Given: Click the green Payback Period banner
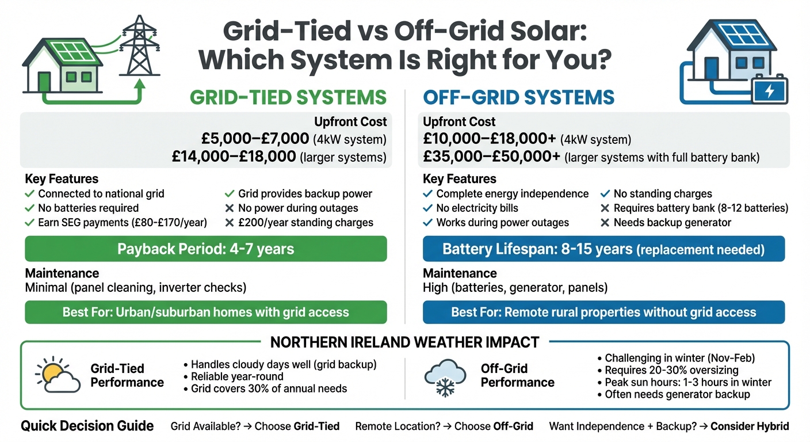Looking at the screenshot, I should (206, 249).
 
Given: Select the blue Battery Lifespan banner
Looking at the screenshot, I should (603, 249).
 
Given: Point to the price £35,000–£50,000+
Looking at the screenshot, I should (492, 157).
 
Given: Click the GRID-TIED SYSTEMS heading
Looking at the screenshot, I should (288, 97).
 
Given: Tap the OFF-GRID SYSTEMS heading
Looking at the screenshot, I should (518, 97).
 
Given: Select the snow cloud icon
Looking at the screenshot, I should (444, 378).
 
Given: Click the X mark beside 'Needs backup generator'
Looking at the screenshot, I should (605, 223).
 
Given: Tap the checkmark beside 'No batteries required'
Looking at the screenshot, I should (30, 208).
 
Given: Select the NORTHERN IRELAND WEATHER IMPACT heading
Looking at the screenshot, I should (404, 342).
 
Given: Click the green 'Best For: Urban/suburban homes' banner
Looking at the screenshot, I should (206, 312).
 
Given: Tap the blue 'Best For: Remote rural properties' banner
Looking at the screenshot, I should (603, 312).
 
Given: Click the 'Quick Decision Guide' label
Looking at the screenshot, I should (87, 426).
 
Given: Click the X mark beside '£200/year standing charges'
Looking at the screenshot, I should (230, 223).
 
